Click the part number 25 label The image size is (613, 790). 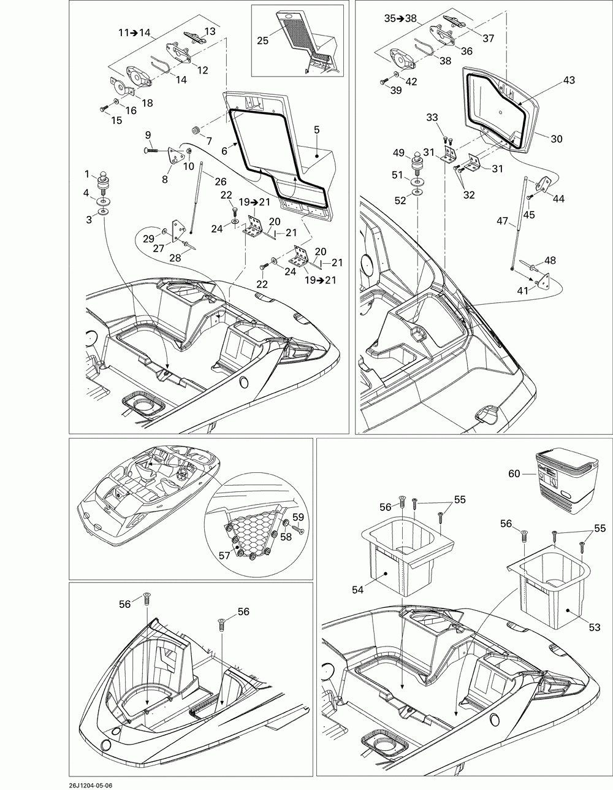tap(262, 40)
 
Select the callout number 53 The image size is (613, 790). tap(594, 627)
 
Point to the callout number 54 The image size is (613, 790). tap(358, 589)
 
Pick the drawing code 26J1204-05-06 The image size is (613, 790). tap(30, 783)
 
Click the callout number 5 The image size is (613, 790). tap(317, 129)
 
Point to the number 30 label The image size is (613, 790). tap(556, 139)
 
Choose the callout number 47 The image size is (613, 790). tap(502, 221)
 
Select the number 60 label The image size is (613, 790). tap(514, 473)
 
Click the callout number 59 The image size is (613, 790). tap(298, 518)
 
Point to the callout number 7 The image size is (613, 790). tap(209, 141)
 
